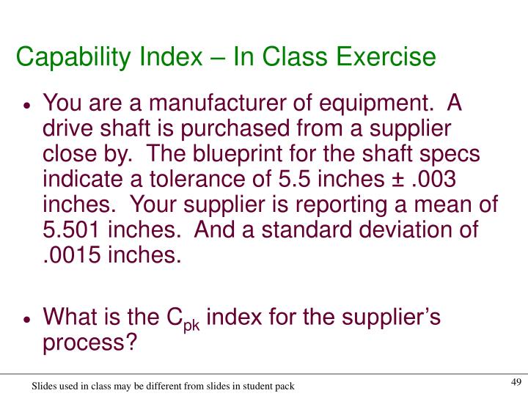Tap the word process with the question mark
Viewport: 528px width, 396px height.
[89, 343]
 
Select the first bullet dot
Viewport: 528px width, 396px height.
[26, 106]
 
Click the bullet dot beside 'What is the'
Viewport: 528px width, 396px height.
[26, 320]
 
